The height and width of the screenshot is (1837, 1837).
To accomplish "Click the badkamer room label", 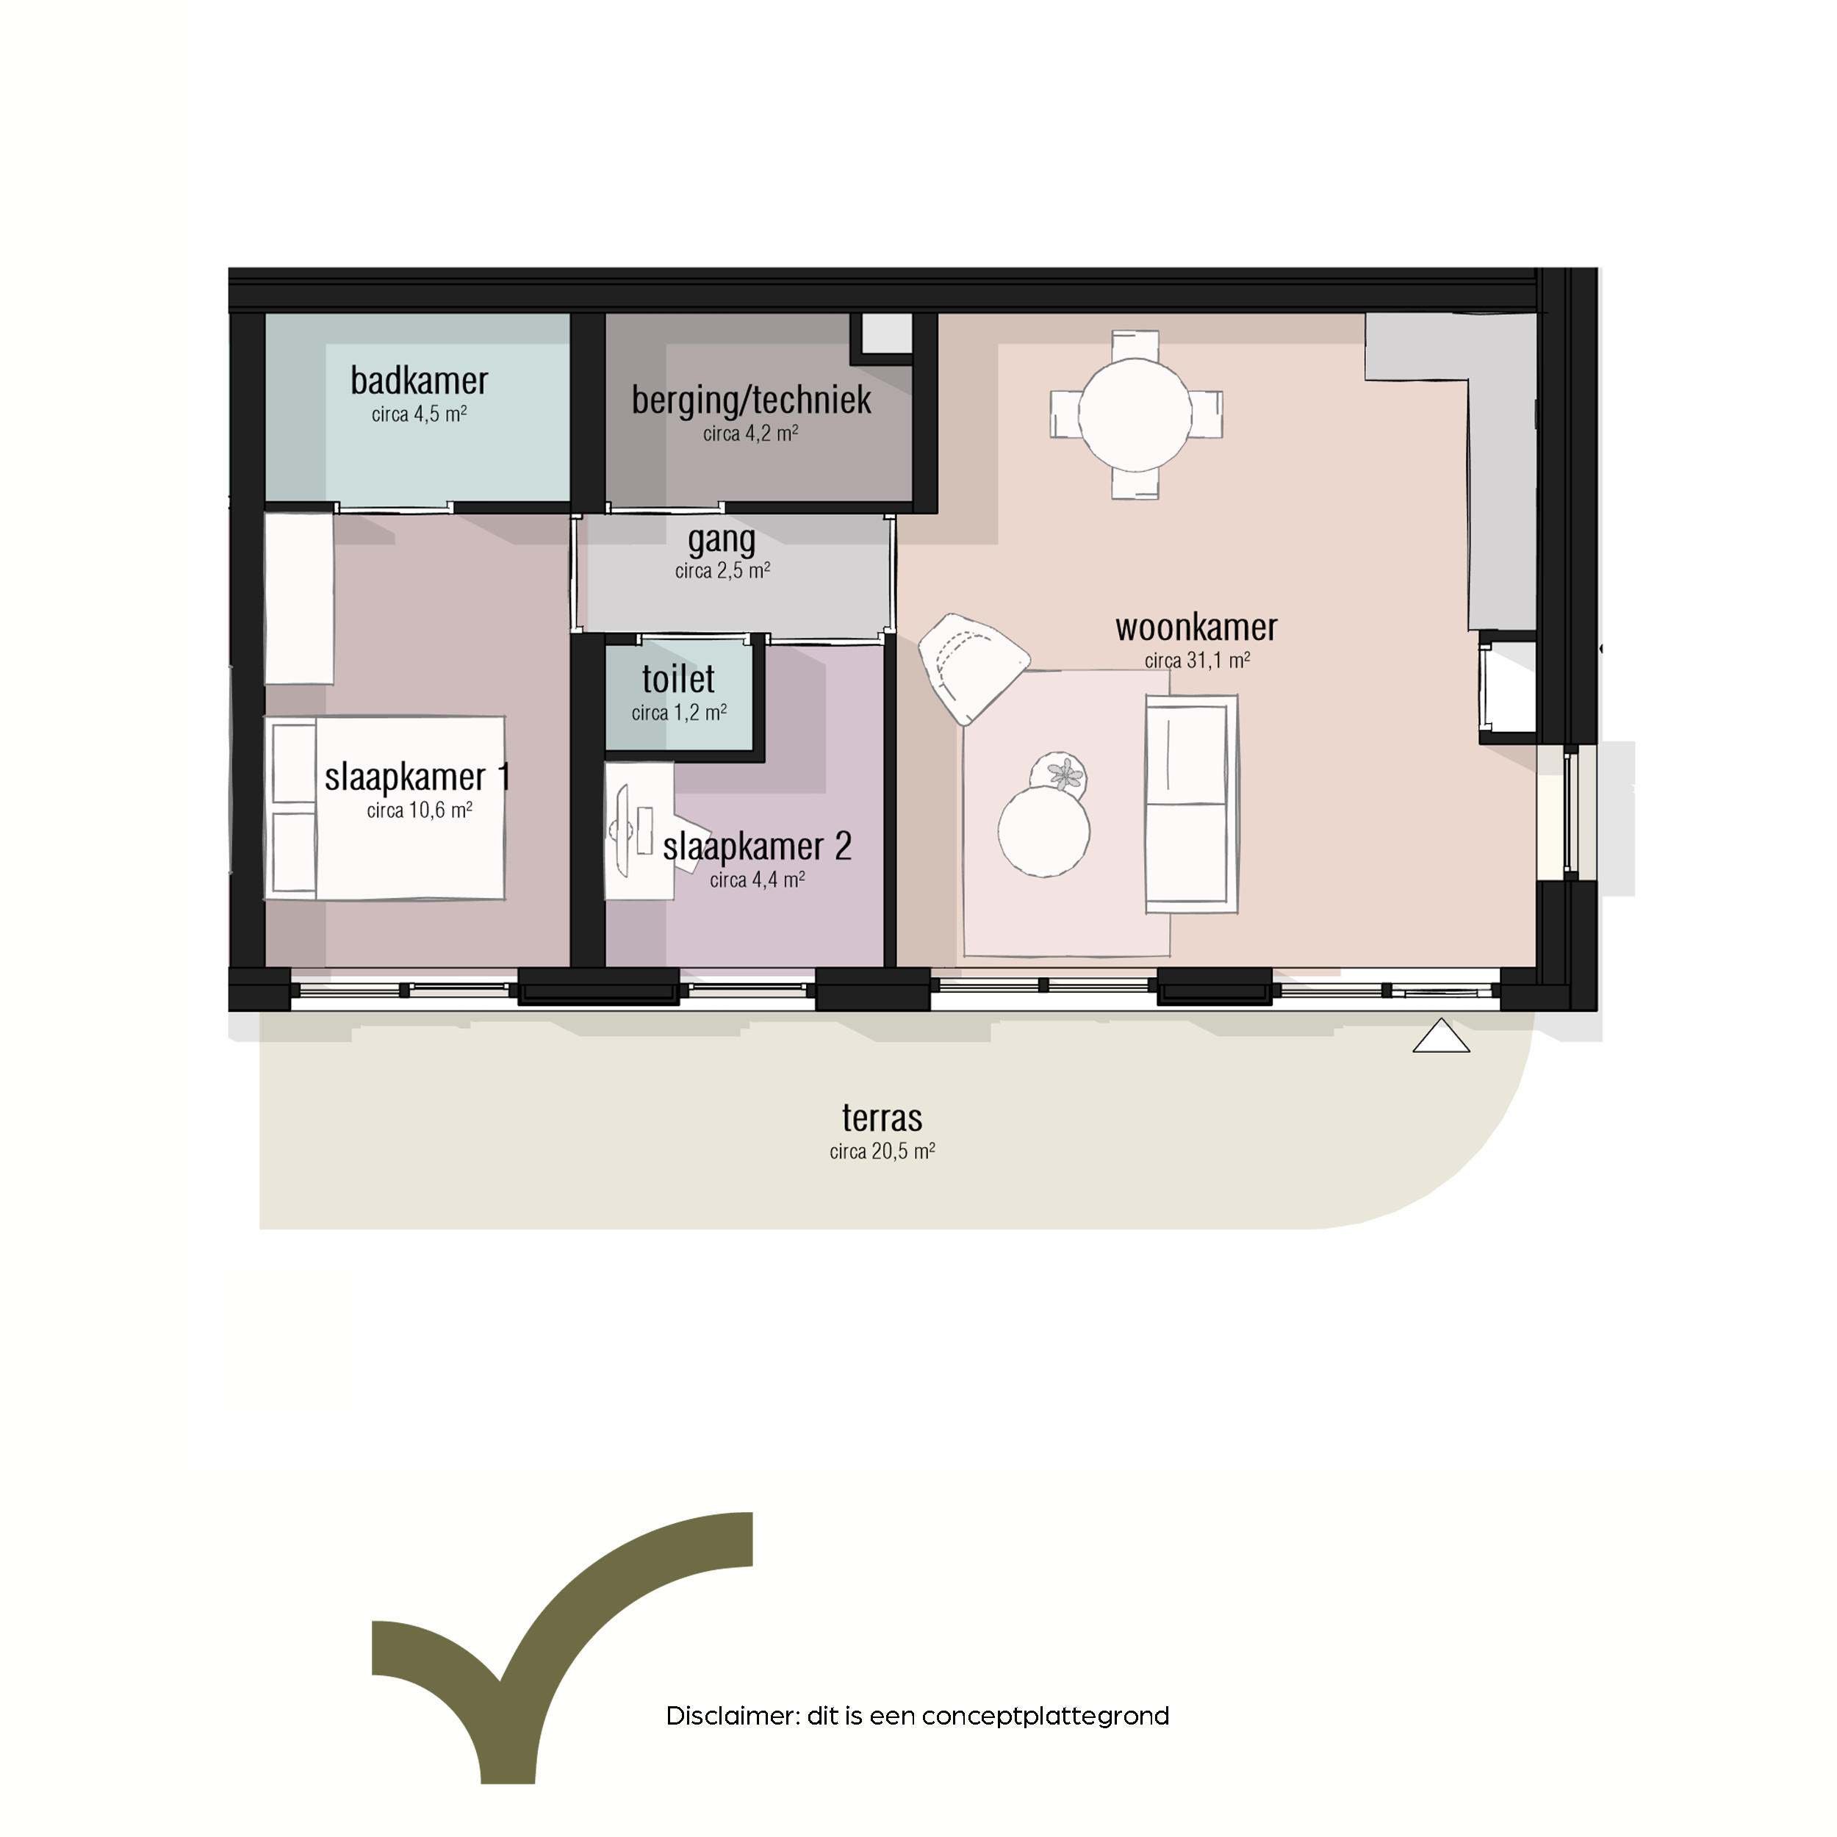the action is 420,381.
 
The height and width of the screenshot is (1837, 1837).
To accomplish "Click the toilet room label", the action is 678,679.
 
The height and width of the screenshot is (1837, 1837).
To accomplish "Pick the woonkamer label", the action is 1196,628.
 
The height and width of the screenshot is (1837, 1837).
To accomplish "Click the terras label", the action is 882,1117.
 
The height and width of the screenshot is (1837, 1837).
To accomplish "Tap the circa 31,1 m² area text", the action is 1197,660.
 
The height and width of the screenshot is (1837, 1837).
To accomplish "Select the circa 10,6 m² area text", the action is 420,810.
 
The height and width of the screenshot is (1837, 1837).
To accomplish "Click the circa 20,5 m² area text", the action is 882,1151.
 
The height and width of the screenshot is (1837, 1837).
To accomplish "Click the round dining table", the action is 1135,414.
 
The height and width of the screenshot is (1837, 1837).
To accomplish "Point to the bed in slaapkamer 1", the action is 384,808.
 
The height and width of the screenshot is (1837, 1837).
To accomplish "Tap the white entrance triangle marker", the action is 1442,1035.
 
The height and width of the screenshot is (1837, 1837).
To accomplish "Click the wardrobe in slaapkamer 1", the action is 298,598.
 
